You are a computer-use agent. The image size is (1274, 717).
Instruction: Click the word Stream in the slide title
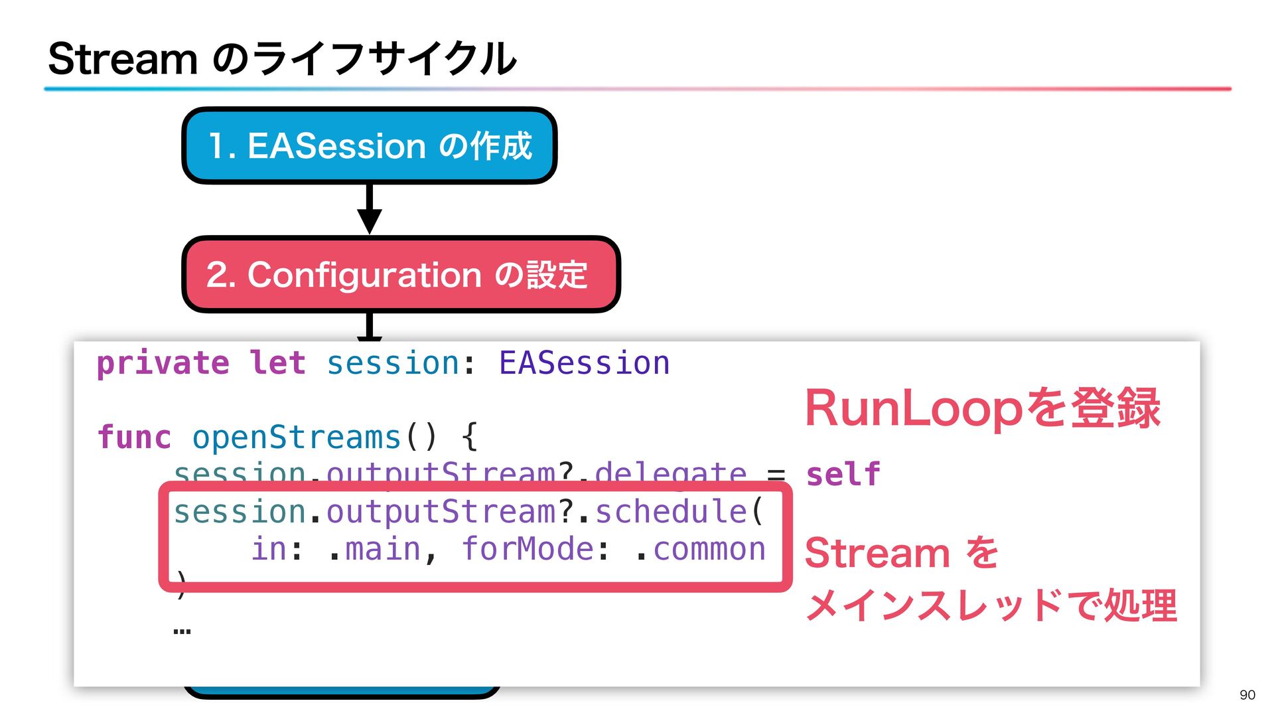coord(123,59)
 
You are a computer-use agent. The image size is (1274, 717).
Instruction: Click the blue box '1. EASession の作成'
coord(369,145)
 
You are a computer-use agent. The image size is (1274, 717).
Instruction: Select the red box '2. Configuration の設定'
coord(400,274)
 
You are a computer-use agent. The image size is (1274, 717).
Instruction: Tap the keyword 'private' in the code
coord(163,363)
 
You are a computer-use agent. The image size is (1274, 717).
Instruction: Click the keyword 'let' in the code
coord(277,363)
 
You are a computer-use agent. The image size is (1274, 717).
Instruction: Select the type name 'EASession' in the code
coord(584,363)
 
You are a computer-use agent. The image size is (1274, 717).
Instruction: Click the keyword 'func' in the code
coord(134,438)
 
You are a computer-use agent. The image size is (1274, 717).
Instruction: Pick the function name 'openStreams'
coord(297,438)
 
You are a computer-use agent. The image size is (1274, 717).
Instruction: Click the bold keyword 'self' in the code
coord(843,475)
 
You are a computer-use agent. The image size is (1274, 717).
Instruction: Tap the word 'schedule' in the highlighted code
coord(671,512)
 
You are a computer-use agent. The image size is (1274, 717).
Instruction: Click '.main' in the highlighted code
coord(375,549)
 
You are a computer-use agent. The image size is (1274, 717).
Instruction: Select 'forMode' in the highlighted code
coord(528,549)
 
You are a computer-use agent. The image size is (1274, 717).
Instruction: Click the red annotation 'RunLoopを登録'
coord(982,408)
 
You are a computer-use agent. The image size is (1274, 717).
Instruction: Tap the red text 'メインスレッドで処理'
coord(991,605)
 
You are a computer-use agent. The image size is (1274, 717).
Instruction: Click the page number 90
coord(1247,695)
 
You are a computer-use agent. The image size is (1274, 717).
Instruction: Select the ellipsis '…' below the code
coord(182,631)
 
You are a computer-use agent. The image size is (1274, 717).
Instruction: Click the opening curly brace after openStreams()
coord(469,438)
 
